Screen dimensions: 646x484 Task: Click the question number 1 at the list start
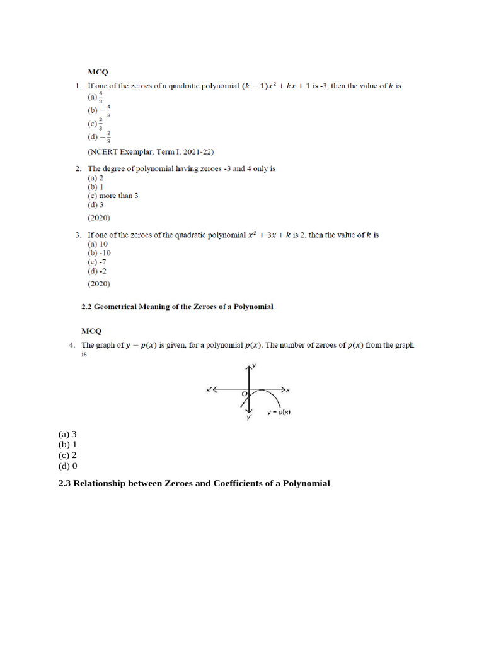tap(77, 85)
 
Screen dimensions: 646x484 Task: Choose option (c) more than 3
tap(113, 196)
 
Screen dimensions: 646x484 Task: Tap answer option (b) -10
tap(99, 253)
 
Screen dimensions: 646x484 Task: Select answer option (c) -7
tap(97, 262)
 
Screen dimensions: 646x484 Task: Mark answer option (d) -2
tap(97, 271)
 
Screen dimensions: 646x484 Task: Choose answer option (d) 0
tap(67, 466)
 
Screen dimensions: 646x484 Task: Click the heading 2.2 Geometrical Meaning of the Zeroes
tap(177, 307)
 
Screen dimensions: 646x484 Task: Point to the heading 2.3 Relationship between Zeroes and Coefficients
tap(194, 484)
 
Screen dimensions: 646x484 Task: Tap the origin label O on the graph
tap(244, 394)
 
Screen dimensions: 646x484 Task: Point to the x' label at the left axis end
tap(209, 389)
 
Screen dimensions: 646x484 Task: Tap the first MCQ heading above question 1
tap(97, 73)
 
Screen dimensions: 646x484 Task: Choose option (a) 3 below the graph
tap(67, 434)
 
